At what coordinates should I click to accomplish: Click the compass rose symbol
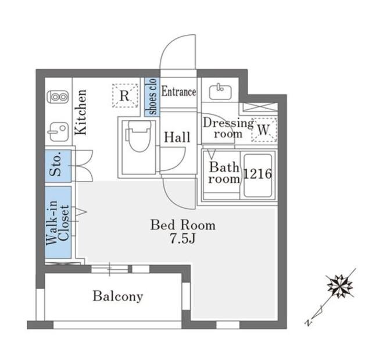pos(340,286)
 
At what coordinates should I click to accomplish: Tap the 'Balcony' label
pos(118,297)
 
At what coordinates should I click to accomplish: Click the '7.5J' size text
pos(183,239)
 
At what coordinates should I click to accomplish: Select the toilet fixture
pos(138,136)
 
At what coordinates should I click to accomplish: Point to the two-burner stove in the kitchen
pos(58,97)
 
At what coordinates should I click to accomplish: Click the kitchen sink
pos(58,132)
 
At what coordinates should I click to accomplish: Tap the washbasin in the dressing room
pos(220,92)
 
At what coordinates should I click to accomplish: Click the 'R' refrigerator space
pos(125,95)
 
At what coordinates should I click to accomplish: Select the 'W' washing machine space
pos(264,130)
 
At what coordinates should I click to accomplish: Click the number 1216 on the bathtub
pos(257,174)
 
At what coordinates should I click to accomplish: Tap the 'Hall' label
pos(177,137)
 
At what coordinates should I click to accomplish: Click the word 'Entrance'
pos(178,92)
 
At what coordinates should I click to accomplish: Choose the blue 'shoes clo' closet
pos(152,97)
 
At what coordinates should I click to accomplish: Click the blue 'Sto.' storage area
pos(58,166)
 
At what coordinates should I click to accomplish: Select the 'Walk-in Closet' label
pos(58,222)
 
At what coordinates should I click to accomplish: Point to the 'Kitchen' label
pos(81,112)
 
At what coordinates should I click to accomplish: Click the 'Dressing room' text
pos(228,129)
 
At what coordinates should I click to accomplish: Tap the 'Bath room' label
pos(224,173)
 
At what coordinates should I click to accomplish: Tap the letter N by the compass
pos(309,323)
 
